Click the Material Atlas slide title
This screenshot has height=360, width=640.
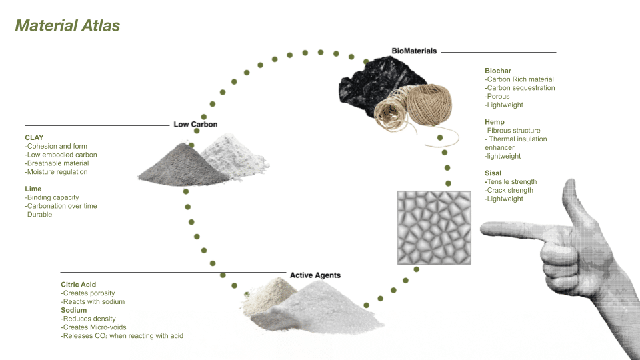tap(67, 26)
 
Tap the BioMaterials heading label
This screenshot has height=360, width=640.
tap(414, 51)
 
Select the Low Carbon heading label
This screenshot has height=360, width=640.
tap(195, 125)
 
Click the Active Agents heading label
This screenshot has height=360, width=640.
tap(315, 275)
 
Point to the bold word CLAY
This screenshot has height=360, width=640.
tap(34, 137)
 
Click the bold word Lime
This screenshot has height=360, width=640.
tap(33, 189)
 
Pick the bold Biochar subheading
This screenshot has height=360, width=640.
tap(499, 71)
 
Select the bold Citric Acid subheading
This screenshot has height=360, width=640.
tap(79, 285)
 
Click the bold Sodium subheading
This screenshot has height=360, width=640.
tap(75, 311)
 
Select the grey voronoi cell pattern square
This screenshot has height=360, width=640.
tap(435, 227)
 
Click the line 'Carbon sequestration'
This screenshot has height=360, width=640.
tap(520, 88)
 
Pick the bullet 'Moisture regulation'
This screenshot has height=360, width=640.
tap(56, 172)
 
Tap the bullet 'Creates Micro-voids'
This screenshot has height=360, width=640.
tap(93, 327)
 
